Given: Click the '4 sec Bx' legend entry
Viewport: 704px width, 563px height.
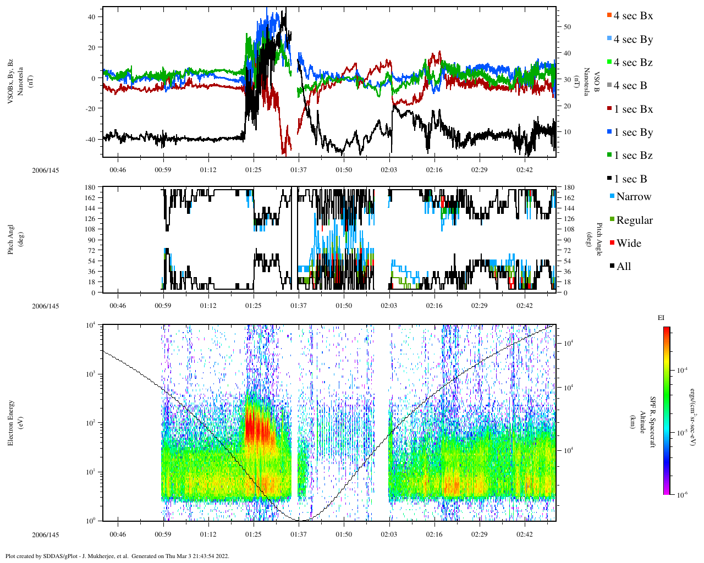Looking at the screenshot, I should tap(632, 16).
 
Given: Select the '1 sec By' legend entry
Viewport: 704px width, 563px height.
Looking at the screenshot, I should tap(632, 133).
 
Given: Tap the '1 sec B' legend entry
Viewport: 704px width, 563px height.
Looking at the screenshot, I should tap(630, 179).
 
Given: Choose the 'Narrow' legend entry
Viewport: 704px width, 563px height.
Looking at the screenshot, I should tap(633, 197).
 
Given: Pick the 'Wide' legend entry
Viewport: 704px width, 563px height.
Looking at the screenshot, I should tap(628, 244).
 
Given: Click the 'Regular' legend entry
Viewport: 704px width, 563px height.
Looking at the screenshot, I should tap(634, 220).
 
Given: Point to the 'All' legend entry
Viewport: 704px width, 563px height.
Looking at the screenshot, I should tap(623, 267).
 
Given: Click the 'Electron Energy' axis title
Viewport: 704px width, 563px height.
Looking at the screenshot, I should tap(11, 422).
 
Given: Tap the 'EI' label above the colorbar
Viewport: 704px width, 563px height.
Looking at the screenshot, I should tap(661, 318).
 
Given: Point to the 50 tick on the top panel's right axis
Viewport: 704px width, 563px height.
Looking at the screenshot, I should tap(567, 27).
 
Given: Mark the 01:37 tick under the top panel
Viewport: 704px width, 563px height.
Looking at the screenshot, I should tap(299, 170).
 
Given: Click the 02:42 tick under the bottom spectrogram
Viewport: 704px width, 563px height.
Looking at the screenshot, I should tap(525, 534).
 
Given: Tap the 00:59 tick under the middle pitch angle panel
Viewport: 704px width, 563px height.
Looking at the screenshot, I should tap(163, 306).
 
